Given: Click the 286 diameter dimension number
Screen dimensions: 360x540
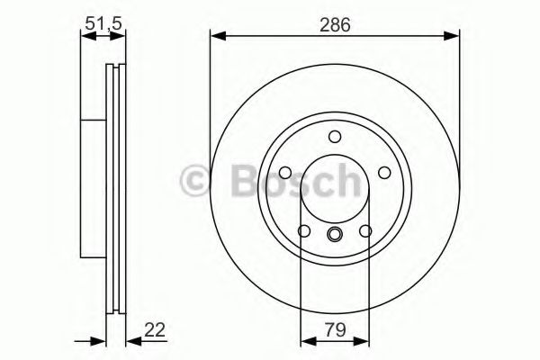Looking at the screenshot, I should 334,24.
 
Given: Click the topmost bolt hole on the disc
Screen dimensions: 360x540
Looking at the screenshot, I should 335,137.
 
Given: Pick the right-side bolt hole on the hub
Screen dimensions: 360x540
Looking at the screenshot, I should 386,174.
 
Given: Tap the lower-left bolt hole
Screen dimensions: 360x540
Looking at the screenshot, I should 303,232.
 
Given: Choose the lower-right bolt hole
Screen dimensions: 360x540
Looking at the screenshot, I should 366,232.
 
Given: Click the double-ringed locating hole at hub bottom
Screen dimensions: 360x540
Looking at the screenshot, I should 335,236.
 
